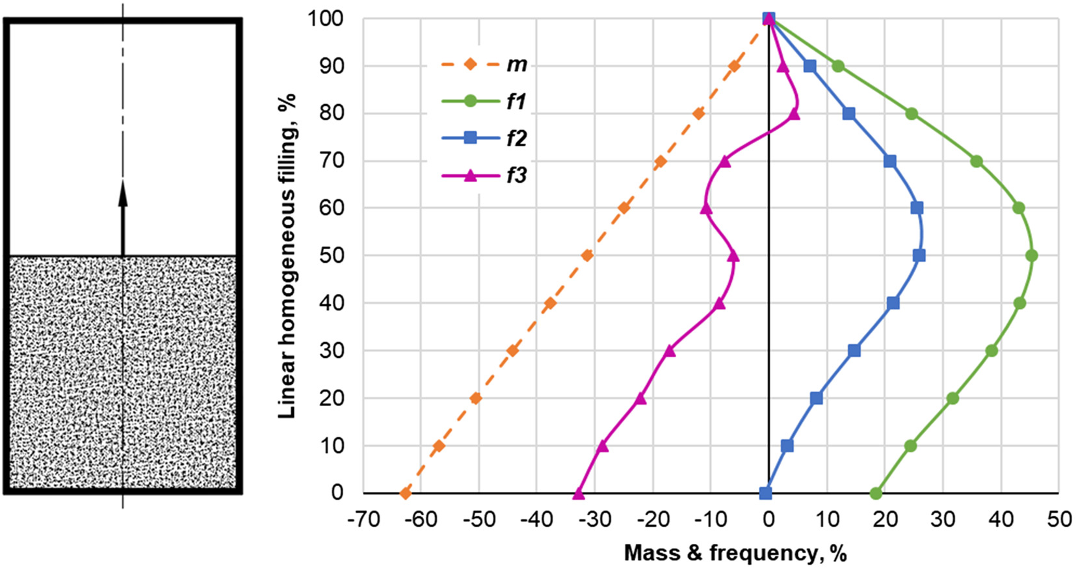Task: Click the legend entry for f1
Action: (484, 101)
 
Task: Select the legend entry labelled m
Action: (484, 65)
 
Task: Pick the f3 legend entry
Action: (484, 176)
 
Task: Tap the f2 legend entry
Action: (484, 139)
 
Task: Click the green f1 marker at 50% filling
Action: (1031, 256)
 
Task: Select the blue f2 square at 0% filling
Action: (766, 493)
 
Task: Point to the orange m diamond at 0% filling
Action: (406, 493)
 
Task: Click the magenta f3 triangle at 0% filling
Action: (579, 494)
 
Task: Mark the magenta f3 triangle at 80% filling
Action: (794, 115)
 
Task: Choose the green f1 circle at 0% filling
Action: (876, 493)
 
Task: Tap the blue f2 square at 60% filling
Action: (917, 208)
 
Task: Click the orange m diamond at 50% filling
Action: (587, 256)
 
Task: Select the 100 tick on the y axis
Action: (326, 19)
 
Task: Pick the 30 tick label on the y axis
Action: (332, 351)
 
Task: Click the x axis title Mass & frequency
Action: (735, 553)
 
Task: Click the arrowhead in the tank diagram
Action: (123, 194)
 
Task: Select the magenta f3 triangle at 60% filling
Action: (706, 209)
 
